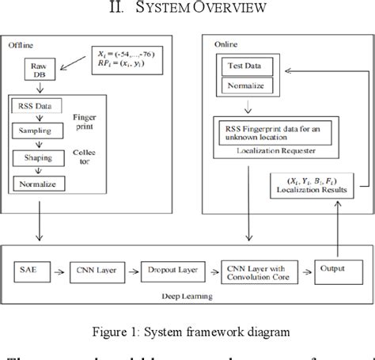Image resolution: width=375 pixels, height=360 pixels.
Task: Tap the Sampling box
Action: coord(37,131)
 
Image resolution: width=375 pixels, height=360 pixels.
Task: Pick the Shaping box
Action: coord(36,157)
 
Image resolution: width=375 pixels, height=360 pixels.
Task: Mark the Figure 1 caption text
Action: coord(187,332)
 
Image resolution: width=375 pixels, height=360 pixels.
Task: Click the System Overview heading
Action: coord(187,9)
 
